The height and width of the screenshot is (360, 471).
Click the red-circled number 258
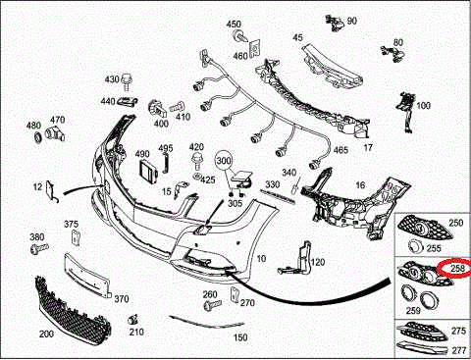click(458, 268)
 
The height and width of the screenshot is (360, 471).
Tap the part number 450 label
click(234, 24)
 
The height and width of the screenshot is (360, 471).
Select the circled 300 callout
click(224, 161)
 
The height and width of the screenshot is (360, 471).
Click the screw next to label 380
click(39, 249)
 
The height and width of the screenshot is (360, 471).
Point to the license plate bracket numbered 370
click(86, 277)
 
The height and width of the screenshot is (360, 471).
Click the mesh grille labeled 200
click(72, 311)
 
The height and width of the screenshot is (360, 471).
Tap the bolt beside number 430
click(126, 81)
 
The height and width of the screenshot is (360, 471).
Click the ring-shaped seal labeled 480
click(38, 136)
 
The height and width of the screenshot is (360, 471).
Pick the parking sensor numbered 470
click(55, 132)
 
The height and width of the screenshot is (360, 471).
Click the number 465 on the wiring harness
click(340, 150)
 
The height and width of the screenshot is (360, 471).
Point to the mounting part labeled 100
click(406, 112)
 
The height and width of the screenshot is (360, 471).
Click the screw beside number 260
click(212, 305)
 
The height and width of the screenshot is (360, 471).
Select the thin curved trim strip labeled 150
click(207, 322)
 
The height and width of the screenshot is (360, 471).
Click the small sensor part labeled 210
click(132, 320)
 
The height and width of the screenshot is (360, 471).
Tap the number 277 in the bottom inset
click(458, 350)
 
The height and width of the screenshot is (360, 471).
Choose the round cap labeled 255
click(416, 247)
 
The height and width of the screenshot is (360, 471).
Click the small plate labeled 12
click(51, 191)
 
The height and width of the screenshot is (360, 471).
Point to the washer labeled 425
click(197, 177)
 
